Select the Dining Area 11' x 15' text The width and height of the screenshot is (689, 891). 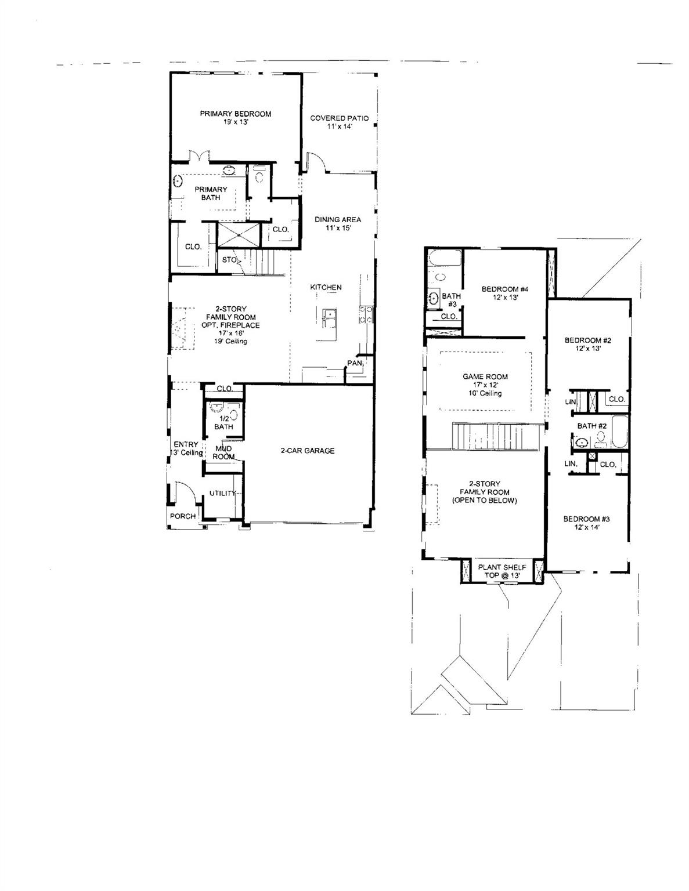(338, 223)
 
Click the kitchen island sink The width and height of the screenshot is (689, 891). (329, 314)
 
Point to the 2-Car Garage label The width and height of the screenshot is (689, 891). (308, 450)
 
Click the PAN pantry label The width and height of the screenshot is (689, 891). (354, 363)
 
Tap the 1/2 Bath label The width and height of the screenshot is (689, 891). (223, 422)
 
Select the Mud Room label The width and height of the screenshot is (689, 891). (224, 452)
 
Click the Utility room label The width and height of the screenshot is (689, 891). (222, 493)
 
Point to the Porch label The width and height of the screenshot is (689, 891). (182, 516)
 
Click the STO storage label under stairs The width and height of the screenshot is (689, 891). (229, 260)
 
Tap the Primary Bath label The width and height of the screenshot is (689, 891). (211, 193)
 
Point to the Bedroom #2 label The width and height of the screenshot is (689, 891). (587, 345)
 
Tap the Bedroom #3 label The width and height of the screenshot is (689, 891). (586, 523)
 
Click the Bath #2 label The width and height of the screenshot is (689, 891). (591, 426)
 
